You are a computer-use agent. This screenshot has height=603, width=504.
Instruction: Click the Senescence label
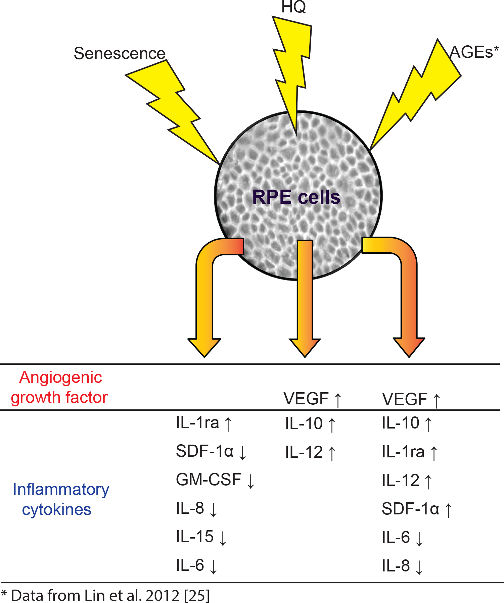[120, 53]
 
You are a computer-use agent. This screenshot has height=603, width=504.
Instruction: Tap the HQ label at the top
[293, 7]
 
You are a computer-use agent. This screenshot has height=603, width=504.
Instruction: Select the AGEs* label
[474, 52]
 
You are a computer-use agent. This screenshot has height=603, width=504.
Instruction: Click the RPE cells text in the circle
[296, 197]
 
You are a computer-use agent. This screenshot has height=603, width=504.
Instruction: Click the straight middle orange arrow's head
[305, 347]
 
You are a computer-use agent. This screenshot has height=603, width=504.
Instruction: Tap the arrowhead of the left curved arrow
[204, 347]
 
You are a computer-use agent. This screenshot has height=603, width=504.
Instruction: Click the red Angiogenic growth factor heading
[60, 388]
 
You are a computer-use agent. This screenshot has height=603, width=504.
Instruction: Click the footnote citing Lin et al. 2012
[105, 595]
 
